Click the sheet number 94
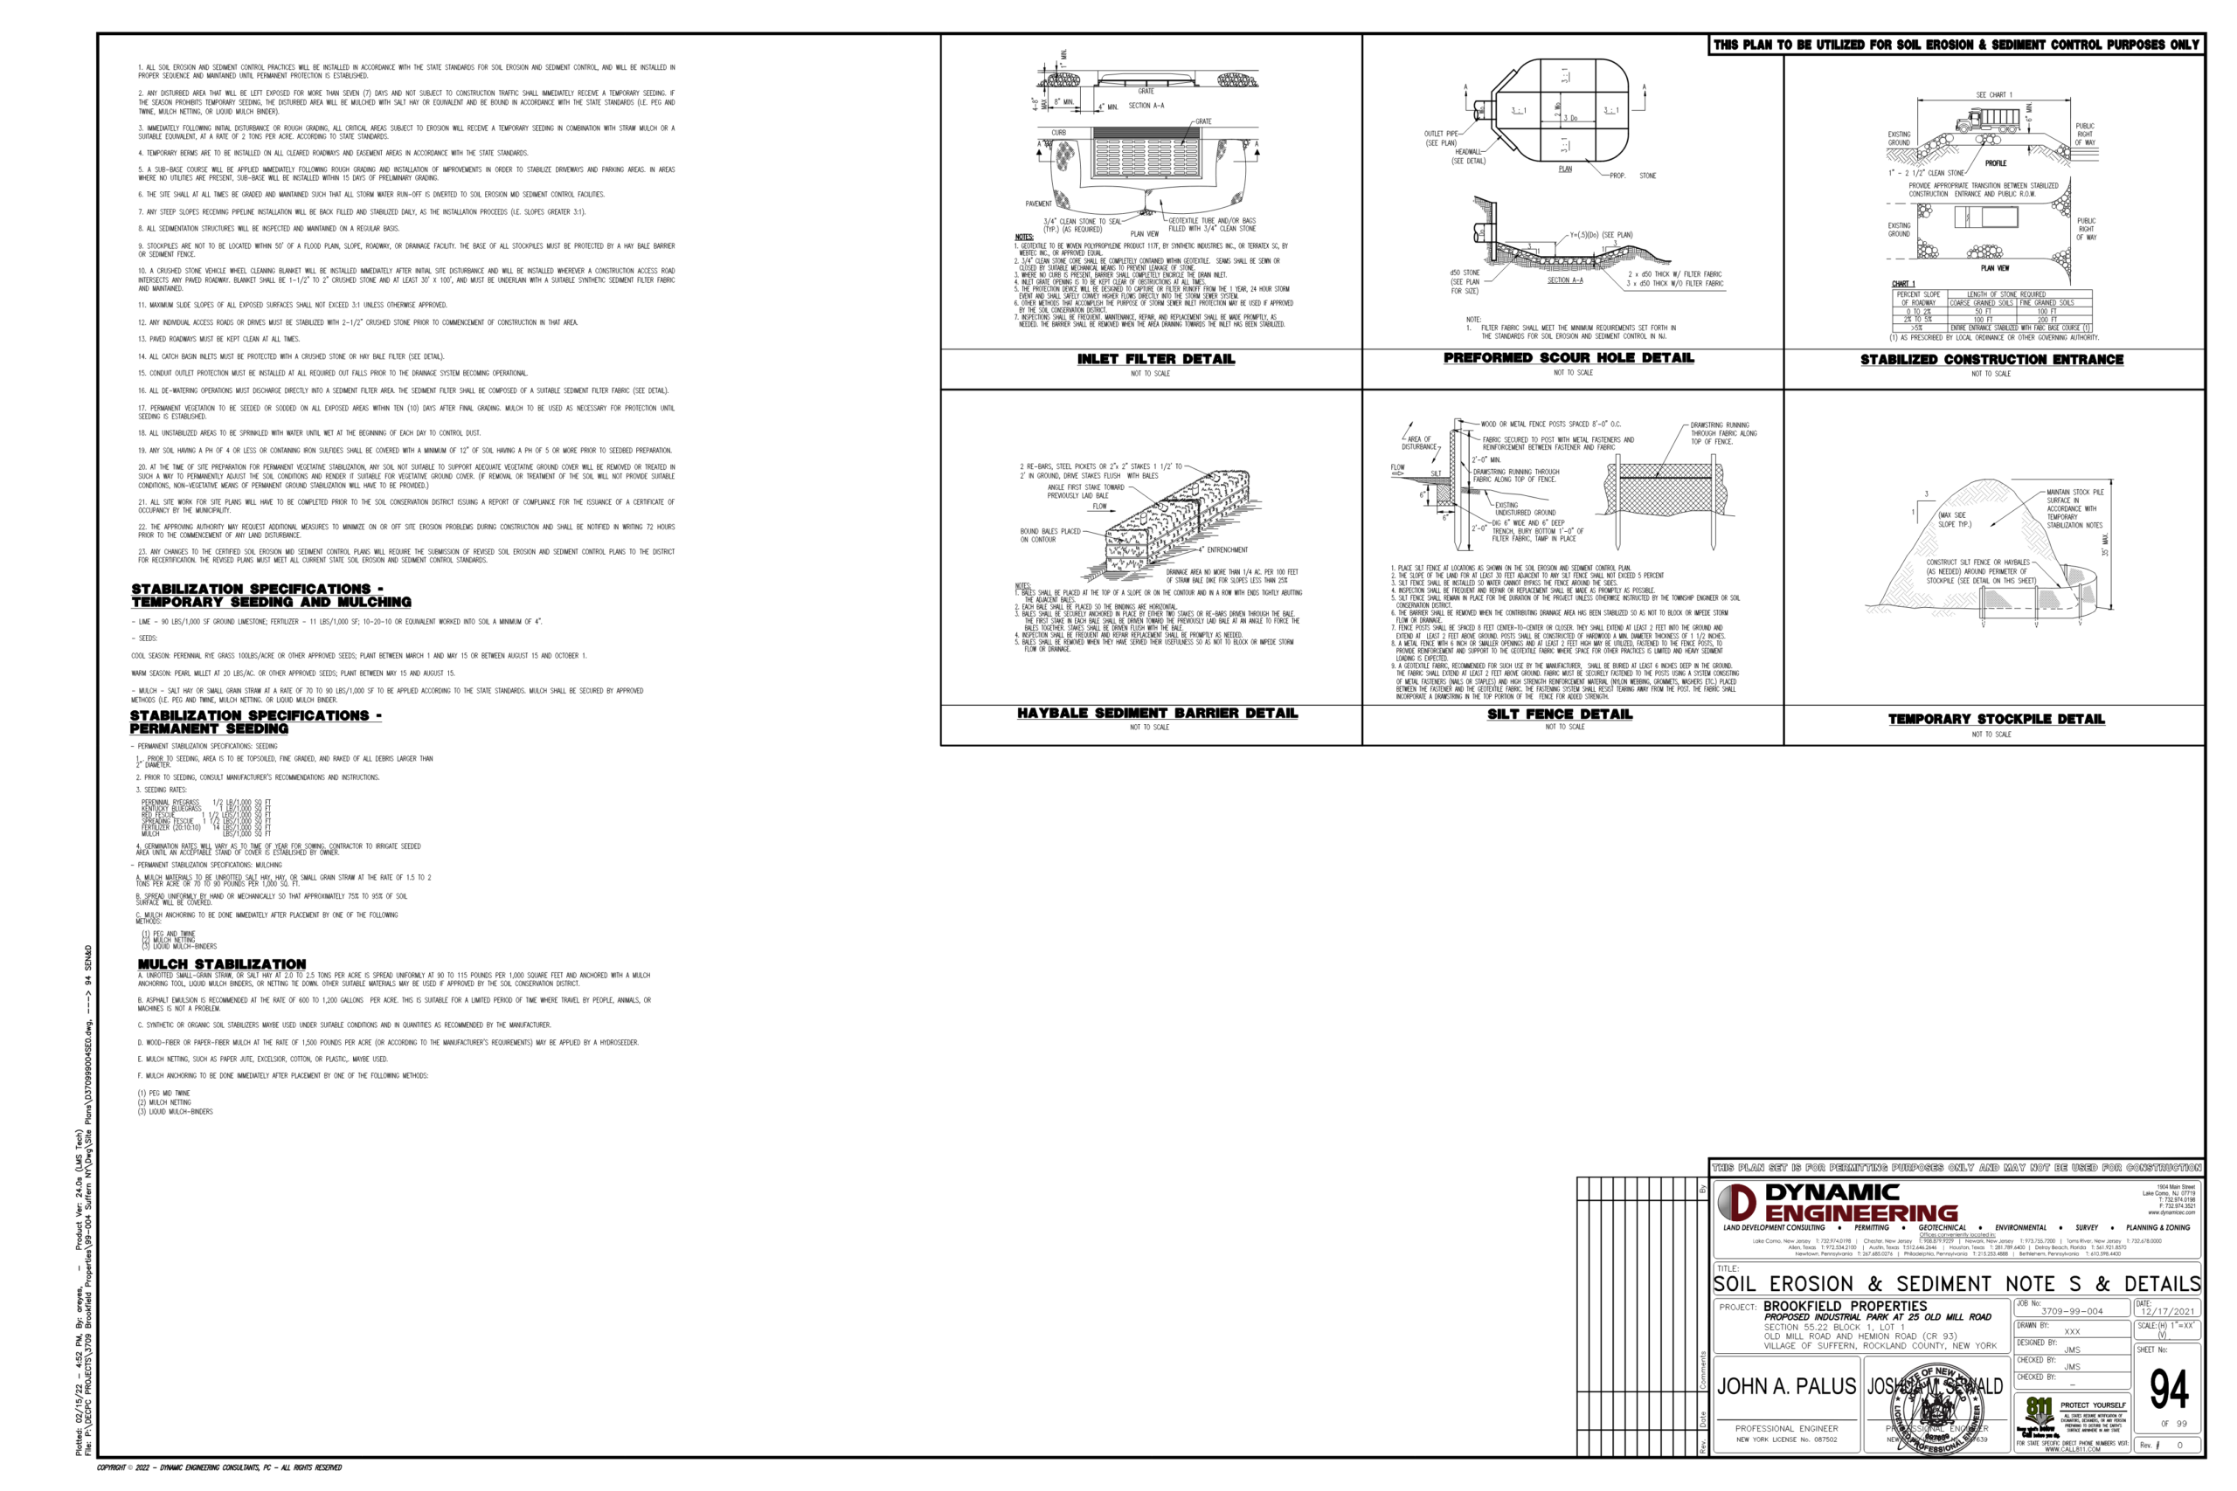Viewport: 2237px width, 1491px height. (2169, 1390)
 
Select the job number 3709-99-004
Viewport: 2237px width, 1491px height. (2072, 1311)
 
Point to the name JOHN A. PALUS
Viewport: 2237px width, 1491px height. (1785, 1386)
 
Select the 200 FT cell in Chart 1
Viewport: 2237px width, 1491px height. (2067, 320)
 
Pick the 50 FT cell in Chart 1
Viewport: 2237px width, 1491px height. (1982, 311)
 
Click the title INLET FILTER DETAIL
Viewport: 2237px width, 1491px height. (1155, 358)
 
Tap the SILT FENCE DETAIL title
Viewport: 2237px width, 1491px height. (1559, 714)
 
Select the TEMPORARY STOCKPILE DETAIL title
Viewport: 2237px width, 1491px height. (1996, 719)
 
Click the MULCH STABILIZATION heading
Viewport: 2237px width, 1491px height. (222, 964)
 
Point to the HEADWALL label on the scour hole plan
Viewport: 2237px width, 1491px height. (1466, 152)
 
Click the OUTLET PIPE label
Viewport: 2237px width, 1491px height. (1441, 134)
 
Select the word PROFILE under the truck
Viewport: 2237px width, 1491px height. (1996, 163)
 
